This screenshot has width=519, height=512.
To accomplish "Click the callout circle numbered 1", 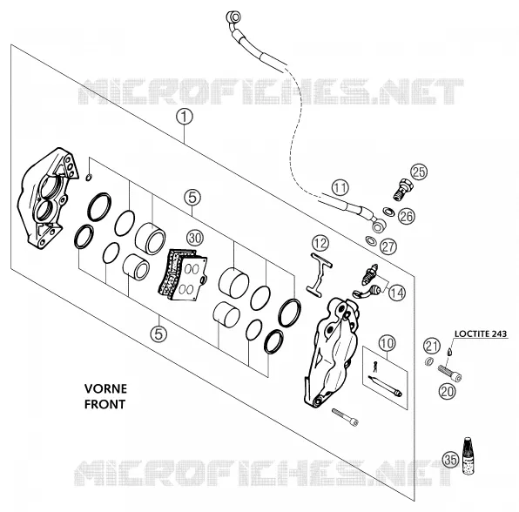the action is coord(185,118).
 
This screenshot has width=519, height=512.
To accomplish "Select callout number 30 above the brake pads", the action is coord(195,238).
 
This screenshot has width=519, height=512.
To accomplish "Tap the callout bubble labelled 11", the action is coord(340,188).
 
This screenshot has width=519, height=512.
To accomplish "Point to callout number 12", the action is coord(320,243).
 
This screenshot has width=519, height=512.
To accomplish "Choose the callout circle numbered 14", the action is coord(397,293).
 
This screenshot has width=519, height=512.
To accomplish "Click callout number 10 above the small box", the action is coord(387,343).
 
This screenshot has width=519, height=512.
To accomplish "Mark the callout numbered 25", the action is coord(419,172).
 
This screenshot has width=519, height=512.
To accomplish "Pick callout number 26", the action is coord(407,216).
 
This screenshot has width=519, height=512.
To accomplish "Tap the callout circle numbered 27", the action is coord(388,246).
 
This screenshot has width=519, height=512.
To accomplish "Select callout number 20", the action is coord(448,392).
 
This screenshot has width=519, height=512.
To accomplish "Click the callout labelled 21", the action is coord(432,346).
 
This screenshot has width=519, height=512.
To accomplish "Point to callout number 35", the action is coord(451,460).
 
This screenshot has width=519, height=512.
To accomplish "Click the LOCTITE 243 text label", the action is coord(481,333).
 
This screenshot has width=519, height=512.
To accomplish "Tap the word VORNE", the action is coord(105,388).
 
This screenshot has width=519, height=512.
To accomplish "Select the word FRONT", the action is coord(104,404).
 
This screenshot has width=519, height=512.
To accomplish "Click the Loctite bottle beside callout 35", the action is coord(468,455).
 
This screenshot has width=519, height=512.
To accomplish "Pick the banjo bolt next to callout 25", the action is coord(403,189).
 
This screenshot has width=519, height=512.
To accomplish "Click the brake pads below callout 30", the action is coord(183,274).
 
